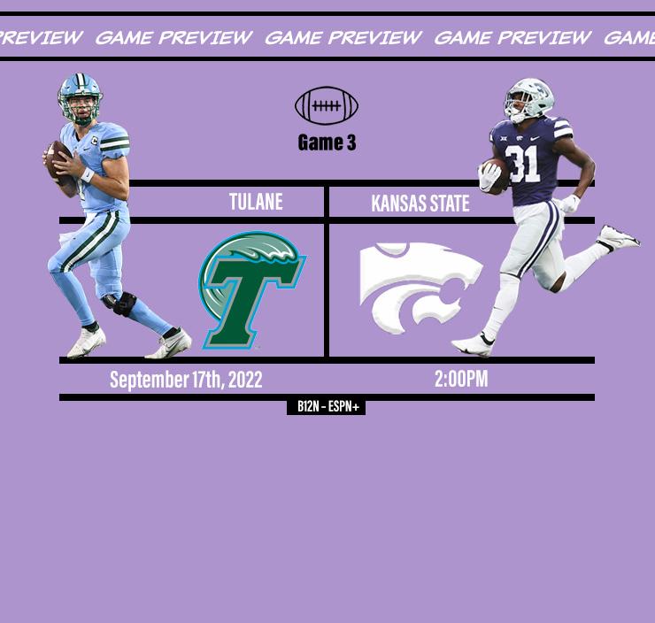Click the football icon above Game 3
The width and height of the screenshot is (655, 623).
point(327,105)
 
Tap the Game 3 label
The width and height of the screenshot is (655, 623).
point(327,142)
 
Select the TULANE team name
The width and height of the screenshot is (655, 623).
point(256,202)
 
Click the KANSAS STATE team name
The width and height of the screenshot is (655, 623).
point(420,204)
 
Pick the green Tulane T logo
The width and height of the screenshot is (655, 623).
point(250,290)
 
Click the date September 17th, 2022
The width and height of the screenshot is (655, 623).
point(186,380)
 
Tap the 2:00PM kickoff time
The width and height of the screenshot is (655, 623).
point(461,379)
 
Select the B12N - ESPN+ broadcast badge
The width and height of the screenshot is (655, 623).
point(327,407)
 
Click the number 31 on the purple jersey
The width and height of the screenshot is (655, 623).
point(522,163)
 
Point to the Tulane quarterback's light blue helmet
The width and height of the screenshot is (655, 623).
point(81,98)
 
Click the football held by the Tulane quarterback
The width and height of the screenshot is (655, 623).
point(58,163)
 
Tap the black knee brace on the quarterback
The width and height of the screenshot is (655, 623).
point(120,303)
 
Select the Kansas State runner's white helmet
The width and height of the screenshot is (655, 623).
point(528,100)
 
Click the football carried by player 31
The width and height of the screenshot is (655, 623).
point(497,175)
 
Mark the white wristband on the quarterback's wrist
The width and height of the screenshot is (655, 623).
point(88,174)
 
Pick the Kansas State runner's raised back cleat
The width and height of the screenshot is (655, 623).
point(618,238)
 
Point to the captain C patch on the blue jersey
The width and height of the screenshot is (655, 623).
point(95,141)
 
